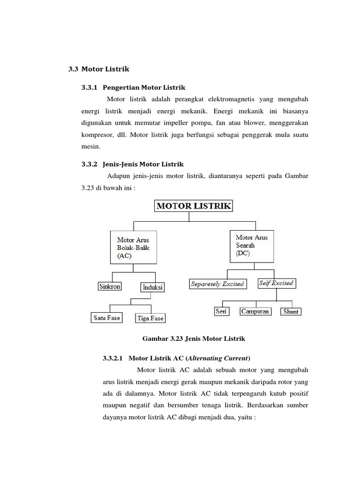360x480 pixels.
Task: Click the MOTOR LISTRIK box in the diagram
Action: (x=194, y=206)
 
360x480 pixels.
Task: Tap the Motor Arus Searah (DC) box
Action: (x=252, y=246)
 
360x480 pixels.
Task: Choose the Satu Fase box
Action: (x=107, y=318)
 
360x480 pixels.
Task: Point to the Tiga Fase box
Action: (x=150, y=318)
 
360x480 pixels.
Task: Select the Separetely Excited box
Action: (x=217, y=284)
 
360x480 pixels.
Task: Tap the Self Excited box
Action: (x=276, y=283)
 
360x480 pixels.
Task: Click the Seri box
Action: (x=221, y=311)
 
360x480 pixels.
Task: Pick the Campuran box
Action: (x=255, y=311)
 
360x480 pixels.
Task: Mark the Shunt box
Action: (x=291, y=311)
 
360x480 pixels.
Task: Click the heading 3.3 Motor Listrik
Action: (x=98, y=69)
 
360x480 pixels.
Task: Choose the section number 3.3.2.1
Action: (x=112, y=359)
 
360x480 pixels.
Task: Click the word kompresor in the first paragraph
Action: (x=94, y=135)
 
